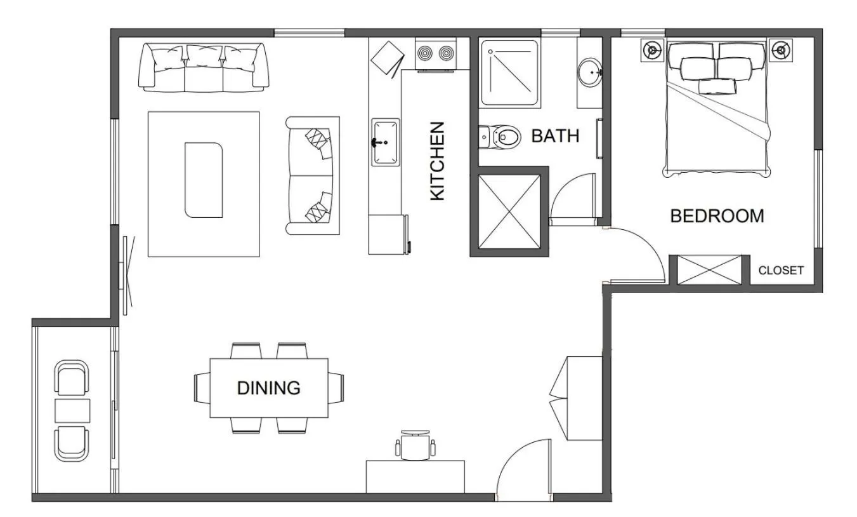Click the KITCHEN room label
437,161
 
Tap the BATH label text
555,136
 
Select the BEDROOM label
717,216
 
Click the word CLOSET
781,271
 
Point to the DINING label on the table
268,387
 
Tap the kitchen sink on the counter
385,142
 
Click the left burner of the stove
425,53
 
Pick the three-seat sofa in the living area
202,67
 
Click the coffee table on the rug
204,180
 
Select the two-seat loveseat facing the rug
313,175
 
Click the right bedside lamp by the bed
780,50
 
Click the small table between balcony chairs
72,411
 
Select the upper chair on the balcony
72,377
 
